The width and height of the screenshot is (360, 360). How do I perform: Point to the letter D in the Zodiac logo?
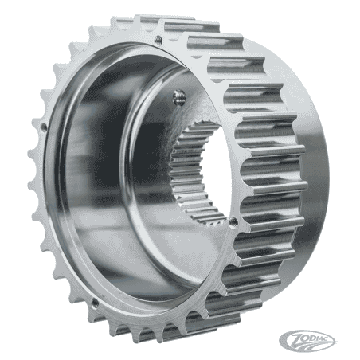311,338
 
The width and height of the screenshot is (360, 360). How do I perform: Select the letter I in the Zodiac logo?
316,338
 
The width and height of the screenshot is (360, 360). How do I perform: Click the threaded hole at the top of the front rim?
158,39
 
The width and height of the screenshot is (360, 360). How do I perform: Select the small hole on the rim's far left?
44,127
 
